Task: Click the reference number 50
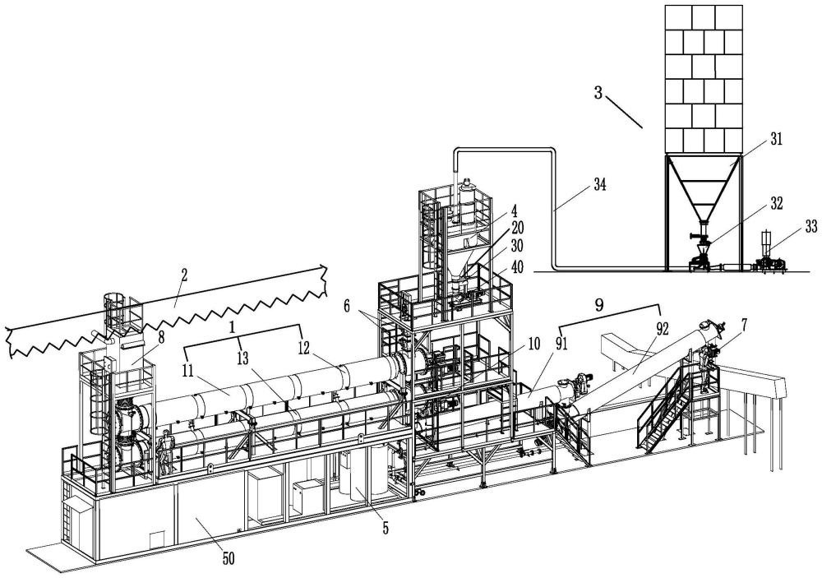coord(229,559)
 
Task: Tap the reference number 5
coord(386,528)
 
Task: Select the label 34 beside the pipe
coord(600,185)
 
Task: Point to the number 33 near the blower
coord(811,226)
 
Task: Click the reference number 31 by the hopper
coord(776,139)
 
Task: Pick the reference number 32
coord(776,204)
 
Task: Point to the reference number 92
coord(662,329)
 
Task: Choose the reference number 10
coord(533,344)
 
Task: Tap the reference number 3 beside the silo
coord(598,94)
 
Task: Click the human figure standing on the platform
coord(167,450)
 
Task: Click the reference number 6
coord(347,305)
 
